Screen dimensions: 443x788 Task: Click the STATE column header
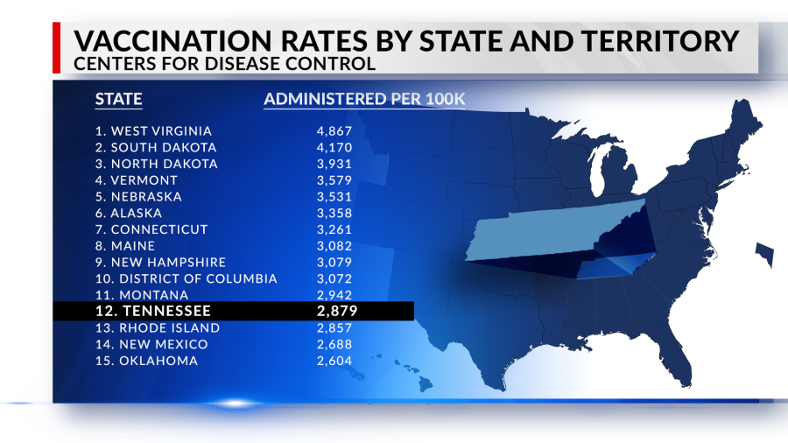[x=118, y=99]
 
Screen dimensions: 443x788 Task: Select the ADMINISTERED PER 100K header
[x=364, y=99]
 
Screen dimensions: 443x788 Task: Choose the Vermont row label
[x=137, y=180]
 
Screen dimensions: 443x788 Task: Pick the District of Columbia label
[x=186, y=278]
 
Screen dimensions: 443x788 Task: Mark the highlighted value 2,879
[x=336, y=311]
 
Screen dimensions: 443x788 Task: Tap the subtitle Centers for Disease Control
[x=224, y=64]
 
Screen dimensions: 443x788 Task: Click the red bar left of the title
[x=57, y=48]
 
